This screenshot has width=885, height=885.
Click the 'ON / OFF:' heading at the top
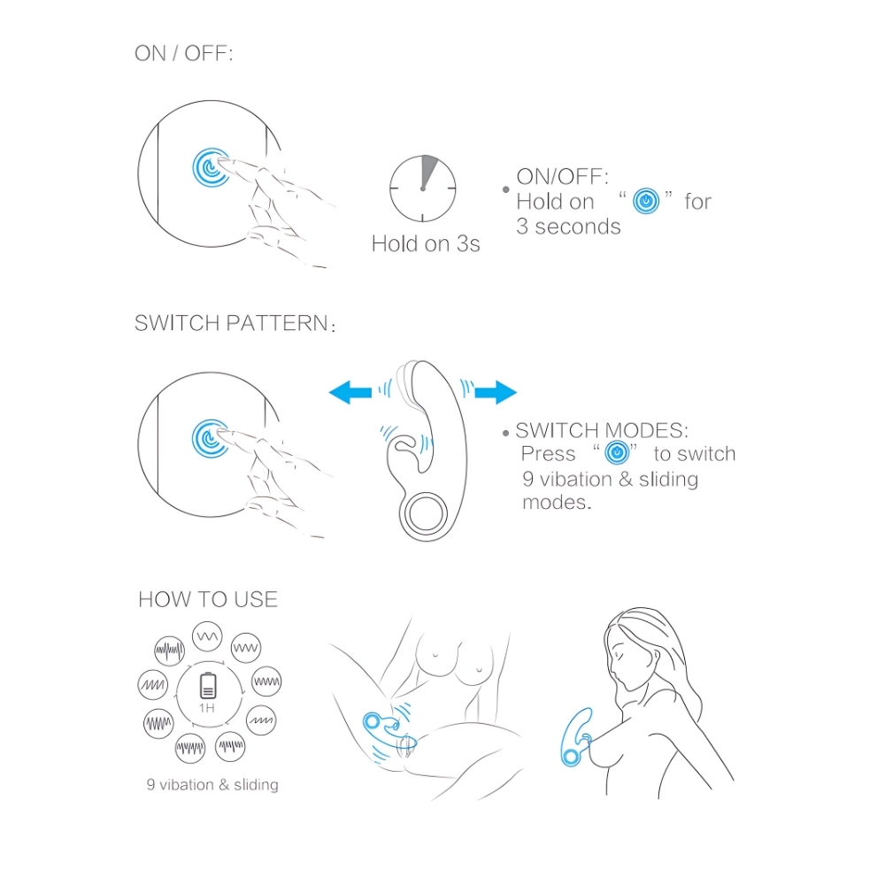[x=183, y=54]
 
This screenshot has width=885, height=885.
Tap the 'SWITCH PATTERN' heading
[x=235, y=323]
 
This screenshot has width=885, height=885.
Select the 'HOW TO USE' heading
[x=208, y=599]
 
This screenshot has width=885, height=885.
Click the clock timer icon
[x=423, y=189]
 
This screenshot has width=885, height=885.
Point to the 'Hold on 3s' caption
[x=426, y=244]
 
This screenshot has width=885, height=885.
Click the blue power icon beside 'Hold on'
[x=646, y=201]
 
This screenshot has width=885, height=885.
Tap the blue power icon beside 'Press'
[x=617, y=452]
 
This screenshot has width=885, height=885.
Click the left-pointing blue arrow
[x=350, y=392]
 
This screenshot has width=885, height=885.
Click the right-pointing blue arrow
[x=496, y=392]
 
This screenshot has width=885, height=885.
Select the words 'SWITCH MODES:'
[x=602, y=431]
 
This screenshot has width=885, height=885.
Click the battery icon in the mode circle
[x=208, y=686]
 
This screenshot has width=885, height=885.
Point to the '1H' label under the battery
[x=207, y=708]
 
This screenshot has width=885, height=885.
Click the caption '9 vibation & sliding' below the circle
[x=212, y=784]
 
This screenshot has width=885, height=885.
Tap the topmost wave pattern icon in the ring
[x=207, y=636]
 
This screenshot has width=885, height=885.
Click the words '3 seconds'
[x=568, y=227]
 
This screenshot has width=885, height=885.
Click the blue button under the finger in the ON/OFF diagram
[x=211, y=167]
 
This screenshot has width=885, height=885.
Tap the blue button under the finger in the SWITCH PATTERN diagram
[x=211, y=439]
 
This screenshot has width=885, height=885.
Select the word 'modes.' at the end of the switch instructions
[x=557, y=503]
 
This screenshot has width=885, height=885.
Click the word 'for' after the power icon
[x=697, y=202]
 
